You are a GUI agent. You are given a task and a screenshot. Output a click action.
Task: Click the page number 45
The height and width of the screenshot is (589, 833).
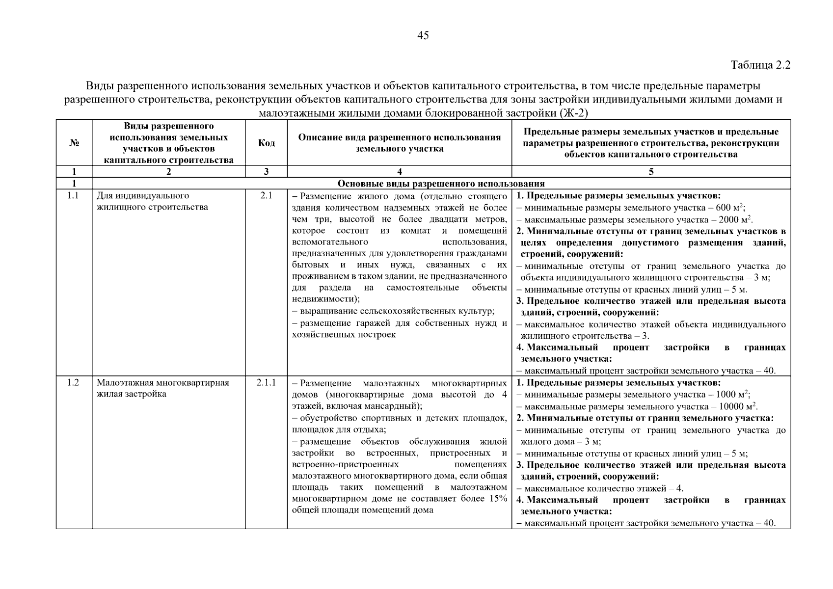tap(423, 35)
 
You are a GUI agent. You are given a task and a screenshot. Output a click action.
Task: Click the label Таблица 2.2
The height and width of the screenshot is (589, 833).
tap(760, 65)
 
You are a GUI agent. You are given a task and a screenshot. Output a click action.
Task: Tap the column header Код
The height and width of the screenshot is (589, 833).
tap(266, 143)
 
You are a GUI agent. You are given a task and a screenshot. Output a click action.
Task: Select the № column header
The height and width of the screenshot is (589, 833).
tap(74, 143)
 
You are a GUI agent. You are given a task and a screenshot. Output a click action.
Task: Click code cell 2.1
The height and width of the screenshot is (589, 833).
tap(266, 196)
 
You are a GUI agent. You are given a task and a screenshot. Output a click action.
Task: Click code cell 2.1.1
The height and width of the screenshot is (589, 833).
tap(266, 383)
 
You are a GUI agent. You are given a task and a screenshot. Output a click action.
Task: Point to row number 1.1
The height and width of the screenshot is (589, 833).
tap(74, 196)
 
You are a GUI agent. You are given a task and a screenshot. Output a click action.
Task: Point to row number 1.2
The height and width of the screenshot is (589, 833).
tap(74, 383)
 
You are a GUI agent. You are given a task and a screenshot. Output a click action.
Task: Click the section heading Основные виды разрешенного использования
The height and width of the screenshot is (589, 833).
tap(441, 184)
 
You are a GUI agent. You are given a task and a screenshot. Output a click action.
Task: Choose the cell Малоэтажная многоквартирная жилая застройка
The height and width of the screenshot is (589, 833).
tap(162, 388)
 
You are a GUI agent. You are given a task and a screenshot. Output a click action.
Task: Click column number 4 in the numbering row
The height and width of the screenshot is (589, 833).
tap(399, 172)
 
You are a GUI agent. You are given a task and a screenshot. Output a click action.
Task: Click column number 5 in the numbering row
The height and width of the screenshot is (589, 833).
tap(651, 172)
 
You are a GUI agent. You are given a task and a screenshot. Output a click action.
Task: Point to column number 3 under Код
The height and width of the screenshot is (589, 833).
tap(266, 172)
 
